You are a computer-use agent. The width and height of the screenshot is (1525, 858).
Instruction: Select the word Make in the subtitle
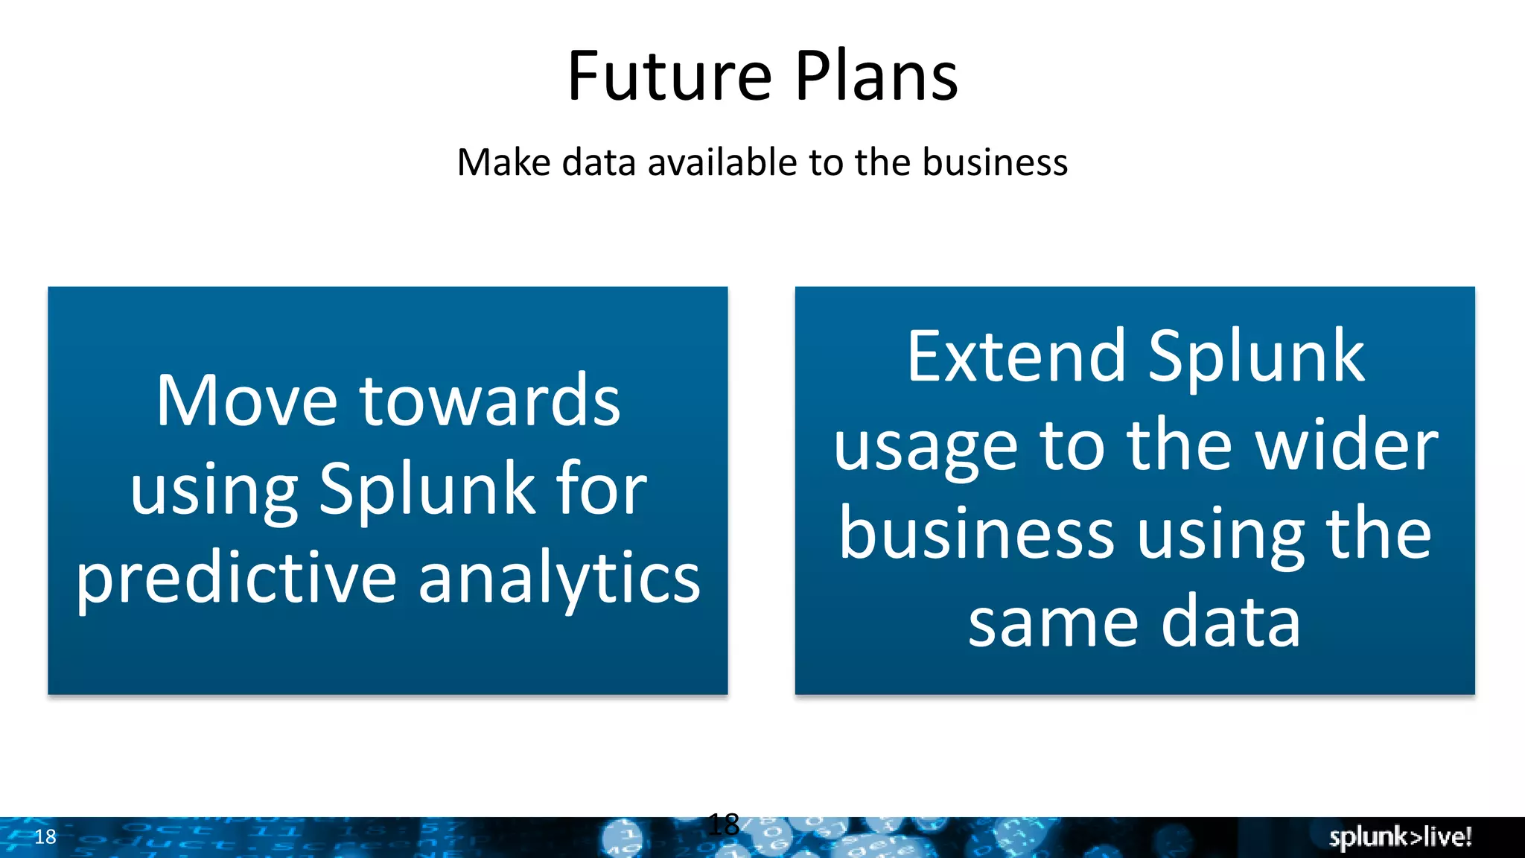503,162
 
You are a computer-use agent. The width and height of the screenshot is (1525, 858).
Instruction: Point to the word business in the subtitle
995,162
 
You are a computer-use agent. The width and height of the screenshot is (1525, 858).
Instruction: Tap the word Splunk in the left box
427,489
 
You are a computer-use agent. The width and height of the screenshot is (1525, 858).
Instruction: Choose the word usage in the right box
925,447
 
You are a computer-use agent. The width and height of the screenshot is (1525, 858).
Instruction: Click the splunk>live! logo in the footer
1400,837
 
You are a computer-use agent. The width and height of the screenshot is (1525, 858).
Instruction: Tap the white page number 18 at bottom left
45,837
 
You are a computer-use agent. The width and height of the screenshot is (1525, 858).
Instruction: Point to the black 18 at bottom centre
723,824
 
